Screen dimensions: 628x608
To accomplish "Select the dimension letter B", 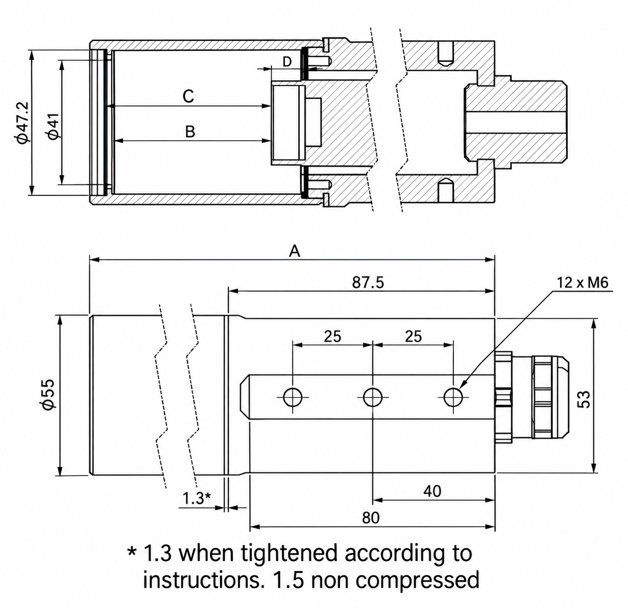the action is (x=190, y=132).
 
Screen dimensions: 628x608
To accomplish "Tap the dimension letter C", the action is (x=188, y=96).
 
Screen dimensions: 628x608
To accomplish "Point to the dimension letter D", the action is (x=287, y=61).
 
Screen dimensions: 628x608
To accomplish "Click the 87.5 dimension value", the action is (x=368, y=283).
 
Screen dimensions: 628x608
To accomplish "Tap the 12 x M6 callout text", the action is (x=582, y=283).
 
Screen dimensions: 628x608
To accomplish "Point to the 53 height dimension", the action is (x=583, y=399).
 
